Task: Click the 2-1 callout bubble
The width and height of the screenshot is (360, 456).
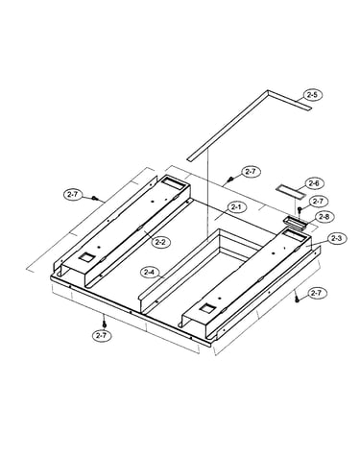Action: click(236, 207)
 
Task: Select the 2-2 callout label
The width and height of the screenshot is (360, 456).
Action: click(161, 242)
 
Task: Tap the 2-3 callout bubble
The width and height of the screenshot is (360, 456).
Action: click(336, 238)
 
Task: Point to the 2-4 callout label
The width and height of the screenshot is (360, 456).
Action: click(150, 272)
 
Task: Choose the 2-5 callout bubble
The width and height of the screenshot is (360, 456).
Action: click(312, 95)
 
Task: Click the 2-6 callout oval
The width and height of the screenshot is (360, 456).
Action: click(315, 183)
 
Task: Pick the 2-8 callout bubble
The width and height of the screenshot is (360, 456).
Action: click(324, 217)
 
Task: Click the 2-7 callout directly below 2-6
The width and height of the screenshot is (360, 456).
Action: click(318, 202)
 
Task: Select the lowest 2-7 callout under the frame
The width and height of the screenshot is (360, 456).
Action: click(101, 335)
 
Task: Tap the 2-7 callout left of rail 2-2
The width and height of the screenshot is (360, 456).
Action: click(73, 194)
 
